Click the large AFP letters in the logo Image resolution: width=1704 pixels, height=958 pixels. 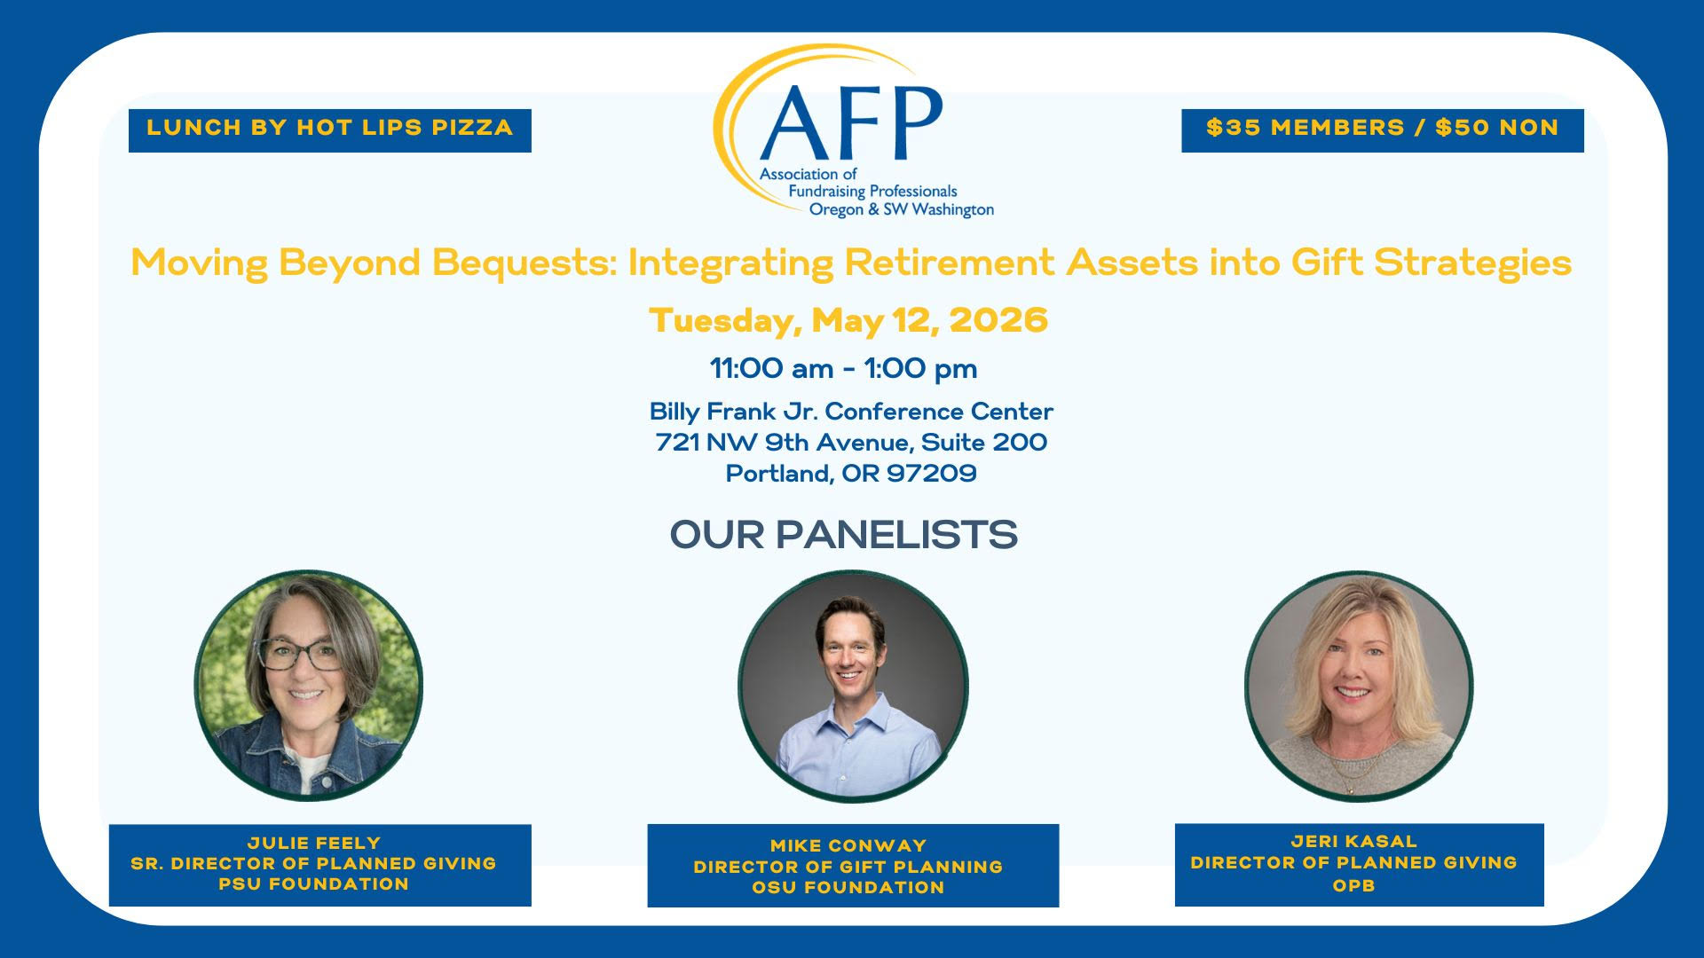click(x=851, y=122)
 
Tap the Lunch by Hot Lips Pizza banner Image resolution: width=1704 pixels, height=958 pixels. click(x=330, y=130)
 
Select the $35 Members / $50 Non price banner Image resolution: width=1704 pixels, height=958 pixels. click(x=1383, y=130)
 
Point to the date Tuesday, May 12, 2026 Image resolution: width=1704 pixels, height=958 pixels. click(x=848, y=320)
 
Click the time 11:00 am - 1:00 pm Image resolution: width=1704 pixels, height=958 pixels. click(x=843, y=368)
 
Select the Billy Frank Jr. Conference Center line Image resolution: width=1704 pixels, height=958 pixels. click(x=851, y=412)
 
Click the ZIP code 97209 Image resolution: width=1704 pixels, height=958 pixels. click(x=932, y=474)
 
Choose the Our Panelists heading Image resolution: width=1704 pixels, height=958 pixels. click(x=843, y=535)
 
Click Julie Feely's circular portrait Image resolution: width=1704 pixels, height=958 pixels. click(x=309, y=685)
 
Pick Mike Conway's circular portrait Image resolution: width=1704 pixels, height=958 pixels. click(x=853, y=687)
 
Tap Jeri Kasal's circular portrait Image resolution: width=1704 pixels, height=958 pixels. click(x=1359, y=686)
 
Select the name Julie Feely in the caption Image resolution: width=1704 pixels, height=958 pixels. click(x=314, y=843)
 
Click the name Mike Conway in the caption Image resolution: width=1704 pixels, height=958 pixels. click(x=848, y=846)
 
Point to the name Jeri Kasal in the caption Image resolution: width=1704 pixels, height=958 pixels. click(x=1354, y=841)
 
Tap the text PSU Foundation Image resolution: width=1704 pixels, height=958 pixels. click(x=314, y=884)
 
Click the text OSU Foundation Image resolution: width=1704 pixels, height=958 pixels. click(x=848, y=888)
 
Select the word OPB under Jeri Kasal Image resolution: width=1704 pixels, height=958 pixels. click(x=1354, y=885)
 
